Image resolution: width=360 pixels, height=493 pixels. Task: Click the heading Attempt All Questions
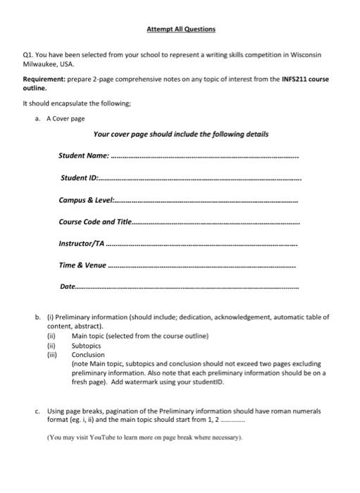(x=180, y=29)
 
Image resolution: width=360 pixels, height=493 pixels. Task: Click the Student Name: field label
(x=84, y=154)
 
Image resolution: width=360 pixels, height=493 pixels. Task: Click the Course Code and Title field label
(x=95, y=222)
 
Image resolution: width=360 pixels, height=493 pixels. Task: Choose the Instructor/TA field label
(x=82, y=244)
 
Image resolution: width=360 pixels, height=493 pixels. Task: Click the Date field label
(x=68, y=288)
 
